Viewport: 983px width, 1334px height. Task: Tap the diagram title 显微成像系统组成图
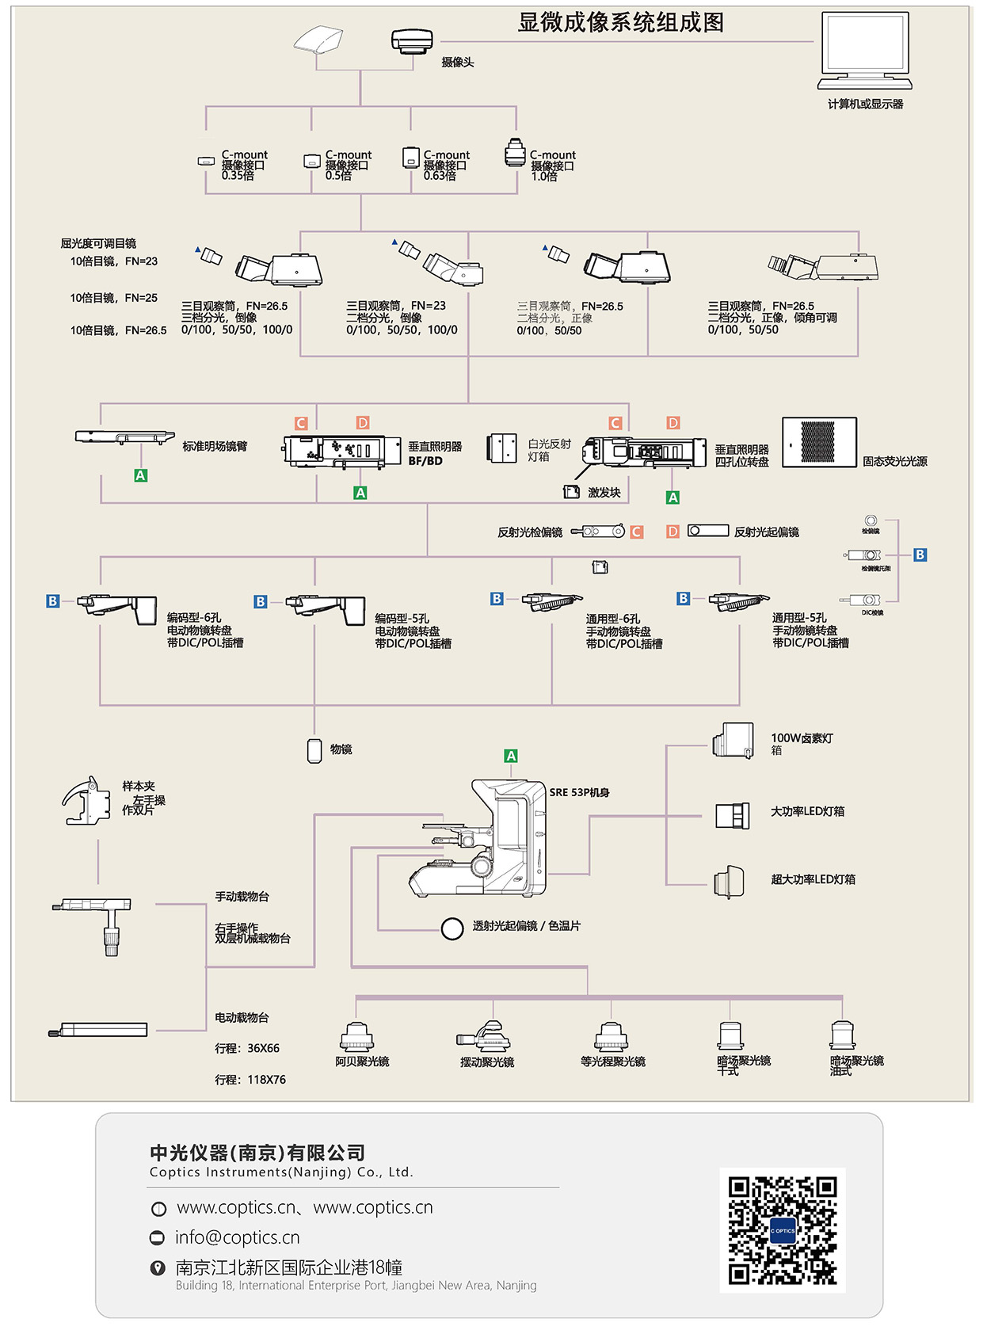tap(620, 22)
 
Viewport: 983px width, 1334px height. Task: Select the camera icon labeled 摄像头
tap(412, 40)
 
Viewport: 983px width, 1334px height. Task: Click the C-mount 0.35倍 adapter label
tap(242, 165)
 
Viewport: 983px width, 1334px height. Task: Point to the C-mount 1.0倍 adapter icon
tap(515, 153)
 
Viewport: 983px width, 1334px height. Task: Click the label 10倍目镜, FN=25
tap(113, 298)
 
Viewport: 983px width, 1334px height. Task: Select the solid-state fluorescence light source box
tap(819, 442)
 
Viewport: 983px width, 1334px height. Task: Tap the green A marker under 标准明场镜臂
tap(140, 475)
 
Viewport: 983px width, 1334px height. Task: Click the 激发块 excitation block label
tap(604, 493)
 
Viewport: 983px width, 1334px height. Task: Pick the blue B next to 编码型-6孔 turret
tap(52, 601)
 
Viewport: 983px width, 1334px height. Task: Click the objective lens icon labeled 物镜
tap(314, 750)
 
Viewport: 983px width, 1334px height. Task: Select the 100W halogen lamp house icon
tap(733, 741)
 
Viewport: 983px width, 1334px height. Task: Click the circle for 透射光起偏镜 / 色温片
tap(451, 928)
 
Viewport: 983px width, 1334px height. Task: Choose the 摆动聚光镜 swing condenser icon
tap(484, 1036)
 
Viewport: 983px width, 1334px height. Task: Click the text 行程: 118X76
tap(250, 1080)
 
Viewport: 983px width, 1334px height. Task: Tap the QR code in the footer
tap(783, 1229)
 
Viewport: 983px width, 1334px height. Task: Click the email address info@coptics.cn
tap(237, 1237)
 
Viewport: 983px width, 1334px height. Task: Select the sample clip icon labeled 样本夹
tap(86, 802)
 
